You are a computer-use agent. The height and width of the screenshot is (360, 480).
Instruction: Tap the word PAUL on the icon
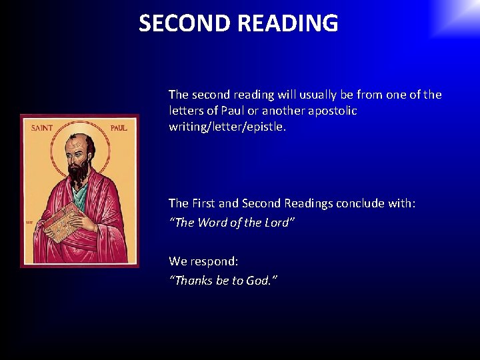pyautogui.click(x=118, y=128)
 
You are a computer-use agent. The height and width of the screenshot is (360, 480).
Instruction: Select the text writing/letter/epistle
pyautogui.click(x=227, y=127)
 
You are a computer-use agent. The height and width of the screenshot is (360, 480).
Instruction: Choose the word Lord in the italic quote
pyautogui.click(x=275, y=223)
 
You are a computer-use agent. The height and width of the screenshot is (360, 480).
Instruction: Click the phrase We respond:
pyautogui.click(x=203, y=261)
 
